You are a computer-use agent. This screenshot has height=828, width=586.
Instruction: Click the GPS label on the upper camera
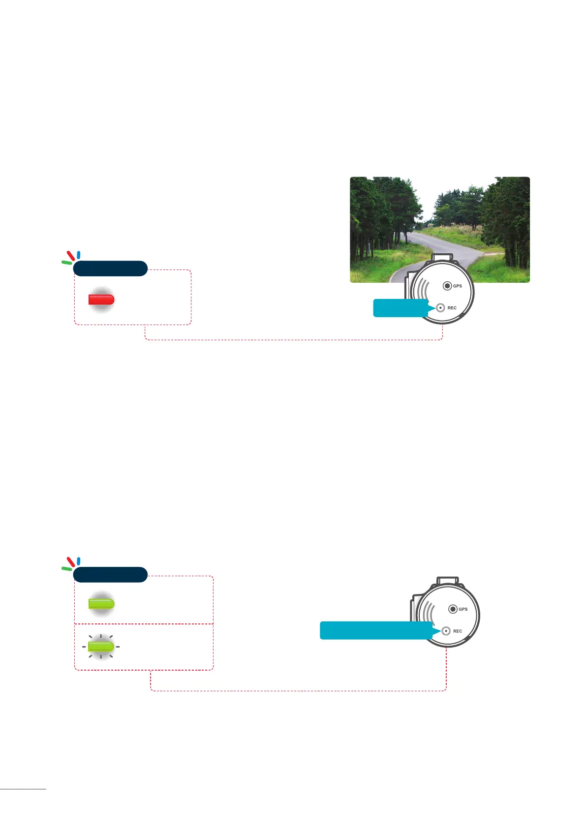pyautogui.click(x=458, y=286)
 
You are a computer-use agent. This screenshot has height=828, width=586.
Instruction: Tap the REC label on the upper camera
pyautogui.click(x=452, y=308)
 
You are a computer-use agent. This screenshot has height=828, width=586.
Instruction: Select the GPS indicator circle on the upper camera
pyautogui.click(x=447, y=286)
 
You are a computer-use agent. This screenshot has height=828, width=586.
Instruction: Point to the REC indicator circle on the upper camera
pyautogui.click(x=441, y=308)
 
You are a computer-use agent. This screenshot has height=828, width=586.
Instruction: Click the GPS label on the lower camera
pyautogui.click(x=463, y=609)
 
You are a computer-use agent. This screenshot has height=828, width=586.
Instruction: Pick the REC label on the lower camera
pyautogui.click(x=458, y=631)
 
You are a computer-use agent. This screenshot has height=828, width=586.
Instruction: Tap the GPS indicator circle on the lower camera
pyautogui.click(x=453, y=609)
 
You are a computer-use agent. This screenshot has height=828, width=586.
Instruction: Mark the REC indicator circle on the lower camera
pyautogui.click(x=446, y=631)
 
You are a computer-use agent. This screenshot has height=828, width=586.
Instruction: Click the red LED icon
pyautogui.click(x=101, y=299)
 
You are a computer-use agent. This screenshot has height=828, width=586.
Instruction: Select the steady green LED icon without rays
pyautogui.click(x=101, y=603)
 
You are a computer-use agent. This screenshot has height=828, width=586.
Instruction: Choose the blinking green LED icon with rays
pyautogui.click(x=101, y=646)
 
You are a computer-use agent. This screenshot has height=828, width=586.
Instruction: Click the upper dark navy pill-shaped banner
pyautogui.click(x=110, y=268)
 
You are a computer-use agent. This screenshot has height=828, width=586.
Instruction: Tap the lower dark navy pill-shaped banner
pyautogui.click(x=110, y=574)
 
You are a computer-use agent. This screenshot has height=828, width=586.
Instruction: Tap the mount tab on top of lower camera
pyautogui.click(x=447, y=581)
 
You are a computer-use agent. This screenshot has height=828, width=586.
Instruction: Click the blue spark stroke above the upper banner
pyautogui.click(x=79, y=255)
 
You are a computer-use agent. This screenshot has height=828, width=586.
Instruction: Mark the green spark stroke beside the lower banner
pyautogui.click(x=66, y=569)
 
